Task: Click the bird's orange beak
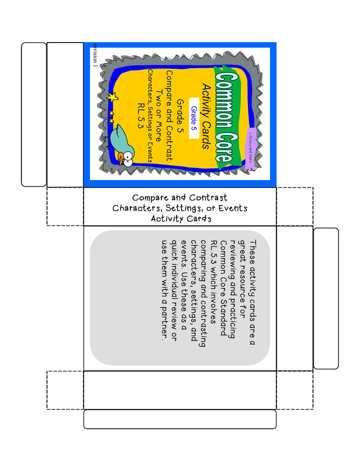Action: pyautogui.click(x=121, y=158)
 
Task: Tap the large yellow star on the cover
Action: pyautogui.click(x=112, y=97)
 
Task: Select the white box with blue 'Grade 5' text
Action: pyautogui.click(x=194, y=118)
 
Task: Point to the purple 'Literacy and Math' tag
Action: pyautogui.click(x=250, y=148)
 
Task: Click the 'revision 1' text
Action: pyautogui.click(x=95, y=55)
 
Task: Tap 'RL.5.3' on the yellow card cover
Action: pyautogui.click(x=141, y=115)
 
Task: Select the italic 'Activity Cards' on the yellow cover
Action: pyautogui.click(x=205, y=116)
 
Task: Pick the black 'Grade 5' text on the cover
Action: pyautogui.click(x=180, y=116)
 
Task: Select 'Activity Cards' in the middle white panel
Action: pyautogui.click(x=181, y=218)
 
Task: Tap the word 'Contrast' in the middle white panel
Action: pyautogui.click(x=208, y=197)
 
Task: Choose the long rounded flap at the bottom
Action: pyautogui.click(x=180, y=419)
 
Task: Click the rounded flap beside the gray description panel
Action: pyautogui.click(x=326, y=298)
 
